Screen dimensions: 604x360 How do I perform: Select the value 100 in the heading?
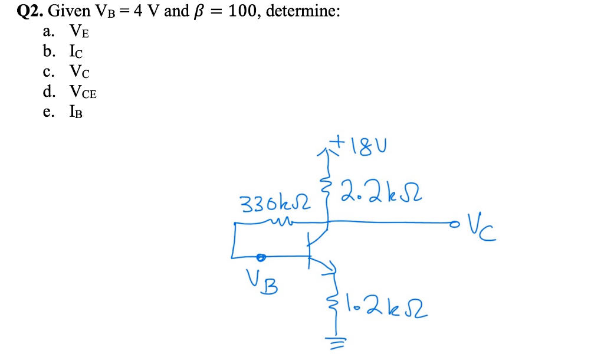[241, 11]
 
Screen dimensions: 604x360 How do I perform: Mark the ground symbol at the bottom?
[337, 339]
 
